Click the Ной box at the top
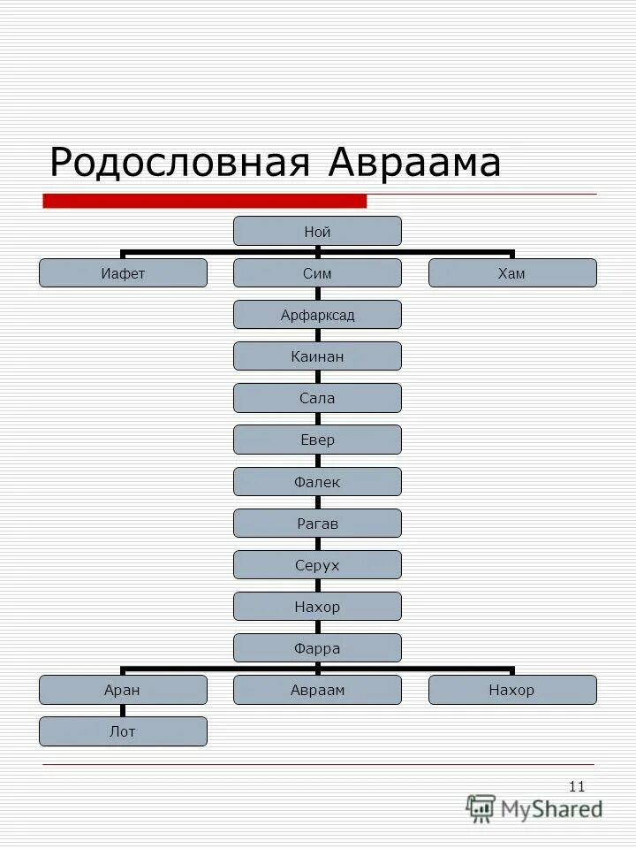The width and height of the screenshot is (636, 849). [317, 232]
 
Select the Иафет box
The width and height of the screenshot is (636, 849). [123, 273]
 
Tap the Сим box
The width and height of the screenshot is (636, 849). [317, 273]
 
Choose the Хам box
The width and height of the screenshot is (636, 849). [512, 273]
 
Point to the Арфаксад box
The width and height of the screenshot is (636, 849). [317, 315]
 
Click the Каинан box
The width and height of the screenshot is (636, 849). [317, 356]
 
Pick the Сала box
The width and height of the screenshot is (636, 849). [317, 398]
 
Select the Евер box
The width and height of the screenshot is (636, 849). [317, 440]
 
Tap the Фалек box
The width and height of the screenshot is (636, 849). [317, 482]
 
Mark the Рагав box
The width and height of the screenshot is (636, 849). [317, 524]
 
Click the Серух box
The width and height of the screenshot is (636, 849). [317, 565]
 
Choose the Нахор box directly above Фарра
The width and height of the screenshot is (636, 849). [317, 607]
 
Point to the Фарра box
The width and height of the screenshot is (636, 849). [317, 648]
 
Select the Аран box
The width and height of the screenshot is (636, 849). [123, 690]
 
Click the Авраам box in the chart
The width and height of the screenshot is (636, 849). [317, 690]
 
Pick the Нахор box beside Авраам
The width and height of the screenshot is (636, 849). [512, 690]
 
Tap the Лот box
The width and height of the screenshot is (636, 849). [123, 731]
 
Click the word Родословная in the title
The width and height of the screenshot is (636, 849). [181, 164]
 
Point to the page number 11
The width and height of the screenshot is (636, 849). [577, 786]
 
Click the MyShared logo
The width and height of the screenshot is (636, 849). [535, 808]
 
